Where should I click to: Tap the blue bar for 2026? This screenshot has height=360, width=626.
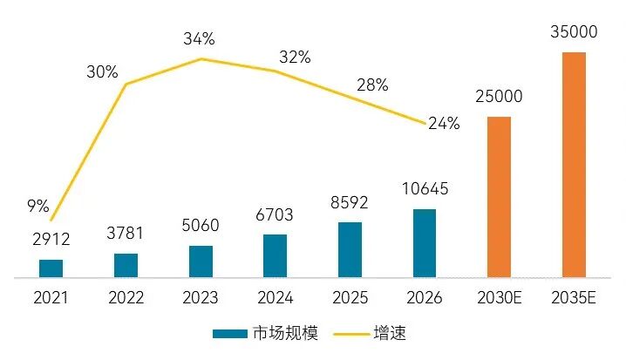pyautogui.click(x=425, y=243)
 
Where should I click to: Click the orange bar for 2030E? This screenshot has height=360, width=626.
pyautogui.click(x=499, y=197)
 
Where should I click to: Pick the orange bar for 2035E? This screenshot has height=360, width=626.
pyautogui.click(x=574, y=165)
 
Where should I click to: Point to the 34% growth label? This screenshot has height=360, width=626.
pyautogui.click(x=199, y=38)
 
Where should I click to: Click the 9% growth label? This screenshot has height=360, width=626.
pyautogui.click(x=37, y=207)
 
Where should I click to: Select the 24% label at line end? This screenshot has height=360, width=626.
pyautogui.click(x=444, y=123)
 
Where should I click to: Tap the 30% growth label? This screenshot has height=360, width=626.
pyautogui.click(x=102, y=72)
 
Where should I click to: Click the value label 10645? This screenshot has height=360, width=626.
pyautogui.click(x=424, y=189)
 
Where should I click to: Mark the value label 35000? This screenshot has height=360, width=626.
pyautogui.click(x=574, y=32)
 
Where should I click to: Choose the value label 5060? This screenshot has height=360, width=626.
pyautogui.click(x=201, y=226)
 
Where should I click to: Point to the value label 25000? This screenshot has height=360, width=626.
pyautogui.click(x=499, y=96)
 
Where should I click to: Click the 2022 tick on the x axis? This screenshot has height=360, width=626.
pyautogui.click(x=126, y=298)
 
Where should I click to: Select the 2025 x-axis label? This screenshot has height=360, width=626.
pyautogui.click(x=350, y=298)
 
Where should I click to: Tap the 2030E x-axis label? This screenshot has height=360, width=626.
pyautogui.click(x=499, y=298)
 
